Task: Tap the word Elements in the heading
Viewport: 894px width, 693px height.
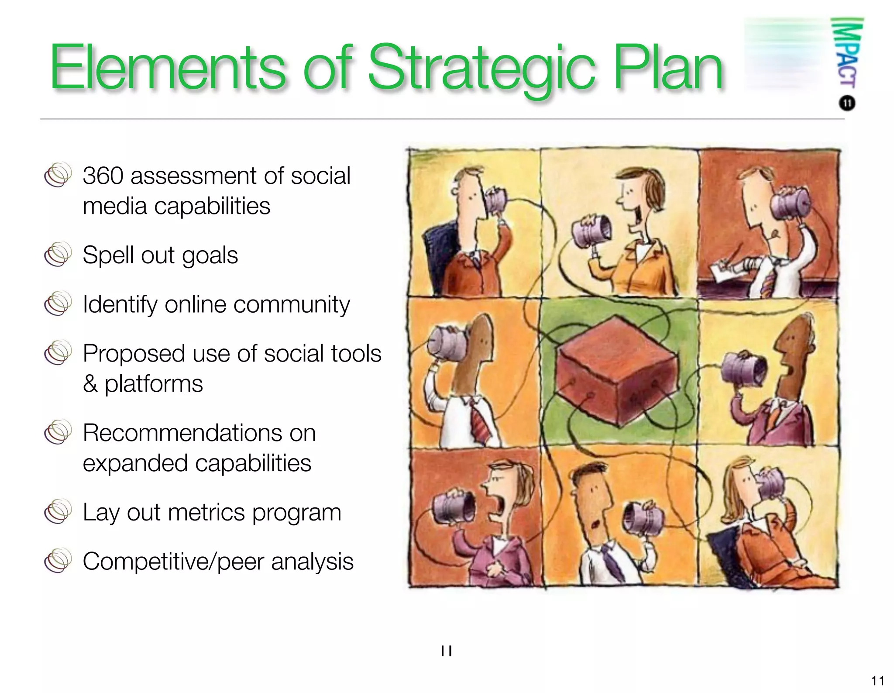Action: tap(168, 68)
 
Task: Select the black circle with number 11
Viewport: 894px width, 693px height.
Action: tap(847, 103)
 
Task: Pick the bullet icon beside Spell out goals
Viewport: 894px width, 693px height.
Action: tap(58, 254)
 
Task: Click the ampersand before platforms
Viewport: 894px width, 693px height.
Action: tap(90, 384)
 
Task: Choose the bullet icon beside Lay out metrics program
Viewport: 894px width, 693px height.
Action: tap(58, 512)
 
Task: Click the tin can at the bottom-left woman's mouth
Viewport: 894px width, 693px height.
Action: tap(454, 507)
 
